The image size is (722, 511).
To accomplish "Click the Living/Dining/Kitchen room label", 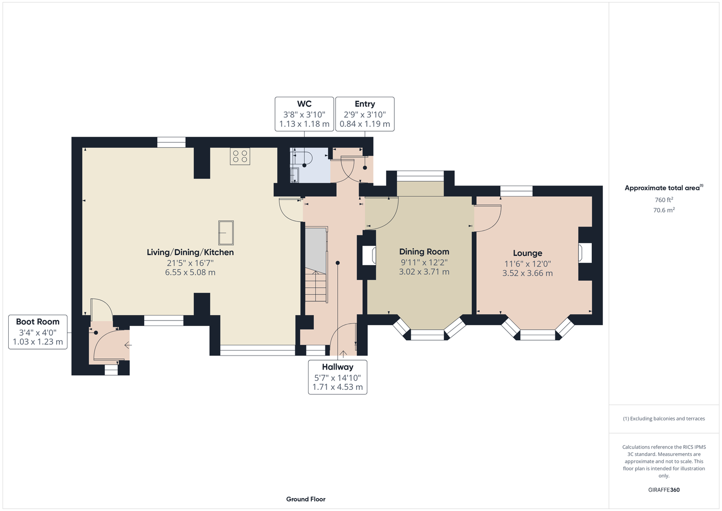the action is click(190, 252).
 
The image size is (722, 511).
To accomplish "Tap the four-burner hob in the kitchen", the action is click(240, 157).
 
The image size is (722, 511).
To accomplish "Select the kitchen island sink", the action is click(226, 233).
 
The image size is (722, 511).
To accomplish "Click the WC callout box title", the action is click(304, 104).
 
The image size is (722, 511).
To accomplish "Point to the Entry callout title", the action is click(365, 104).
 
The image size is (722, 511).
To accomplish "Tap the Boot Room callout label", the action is click(38, 321).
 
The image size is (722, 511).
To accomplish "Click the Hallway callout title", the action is click(337, 367).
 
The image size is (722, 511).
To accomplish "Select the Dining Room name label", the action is click(424, 251).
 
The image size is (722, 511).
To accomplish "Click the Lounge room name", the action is click(527, 253).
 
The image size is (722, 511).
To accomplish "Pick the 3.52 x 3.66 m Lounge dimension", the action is click(527, 273).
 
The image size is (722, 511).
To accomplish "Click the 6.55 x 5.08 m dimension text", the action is click(190, 272).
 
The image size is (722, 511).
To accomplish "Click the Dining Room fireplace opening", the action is click(369, 255).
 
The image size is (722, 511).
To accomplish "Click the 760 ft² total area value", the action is click(664, 200).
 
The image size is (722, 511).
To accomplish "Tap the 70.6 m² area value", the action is click(664, 210).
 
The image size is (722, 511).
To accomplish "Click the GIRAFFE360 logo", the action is click(664, 490).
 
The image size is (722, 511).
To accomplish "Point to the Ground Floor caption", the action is click(306, 499).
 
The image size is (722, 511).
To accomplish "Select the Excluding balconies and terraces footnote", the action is click(664, 419).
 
